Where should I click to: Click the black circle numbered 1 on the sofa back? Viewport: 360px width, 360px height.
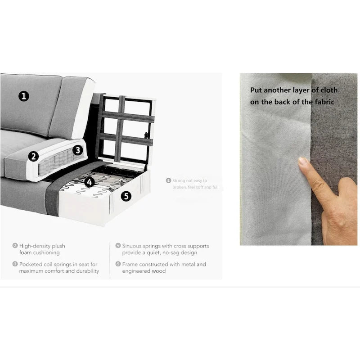(24, 95)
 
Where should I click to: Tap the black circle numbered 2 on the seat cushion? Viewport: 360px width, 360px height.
(33, 156)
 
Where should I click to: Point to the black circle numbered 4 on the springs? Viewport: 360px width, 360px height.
(90, 182)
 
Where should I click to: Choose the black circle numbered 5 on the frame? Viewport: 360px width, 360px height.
(126, 196)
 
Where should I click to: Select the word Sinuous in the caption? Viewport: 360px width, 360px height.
(133, 246)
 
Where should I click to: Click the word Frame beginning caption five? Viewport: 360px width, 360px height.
(130, 265)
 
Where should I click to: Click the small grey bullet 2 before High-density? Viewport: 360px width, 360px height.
(15, 246)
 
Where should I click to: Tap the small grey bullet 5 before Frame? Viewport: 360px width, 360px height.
(118, 265)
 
